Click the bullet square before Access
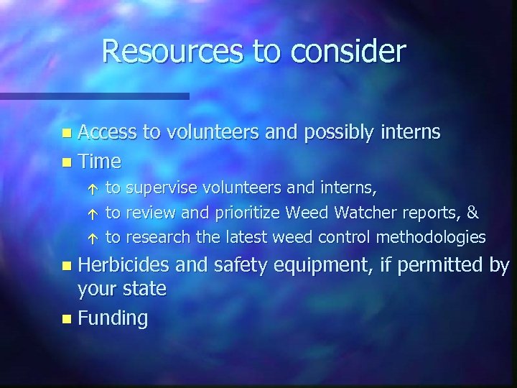pos(66,134)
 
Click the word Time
pos(99,160)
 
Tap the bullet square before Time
pos(66,161)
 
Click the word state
pos(142,290)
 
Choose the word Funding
pos(113,318)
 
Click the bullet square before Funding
pos(66,318)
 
